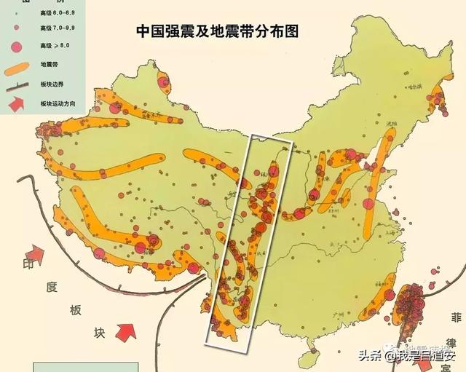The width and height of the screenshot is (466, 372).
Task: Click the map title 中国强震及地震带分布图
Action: click(x=218, y=31)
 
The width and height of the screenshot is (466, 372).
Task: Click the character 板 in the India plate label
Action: click(x=76, y=309)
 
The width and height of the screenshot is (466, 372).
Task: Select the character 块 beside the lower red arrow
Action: click(x=100, y=332)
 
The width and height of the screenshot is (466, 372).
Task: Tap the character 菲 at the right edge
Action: click(x=457, y=317)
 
